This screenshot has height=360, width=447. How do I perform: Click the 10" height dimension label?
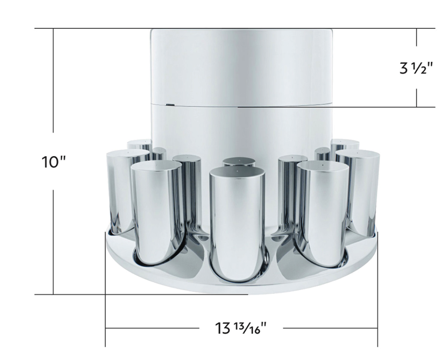[54, 161]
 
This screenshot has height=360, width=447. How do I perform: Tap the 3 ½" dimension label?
[416, 67]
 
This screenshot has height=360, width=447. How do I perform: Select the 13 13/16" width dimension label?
[241, 328]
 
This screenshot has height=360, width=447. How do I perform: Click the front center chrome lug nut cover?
[237, 225]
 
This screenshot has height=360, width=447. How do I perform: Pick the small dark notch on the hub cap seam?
[170, 104]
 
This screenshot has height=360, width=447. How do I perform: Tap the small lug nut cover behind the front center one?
[238, 162]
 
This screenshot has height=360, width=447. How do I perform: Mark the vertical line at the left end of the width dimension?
[105, 291]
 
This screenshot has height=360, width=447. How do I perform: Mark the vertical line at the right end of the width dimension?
[377, 291]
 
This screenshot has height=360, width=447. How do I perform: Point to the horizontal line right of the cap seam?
[333, 107]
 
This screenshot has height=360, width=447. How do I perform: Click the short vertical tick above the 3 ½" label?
[416, 37]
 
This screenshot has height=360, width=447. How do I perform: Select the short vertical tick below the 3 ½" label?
[416, 97]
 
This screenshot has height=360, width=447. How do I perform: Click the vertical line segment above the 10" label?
[53, 79]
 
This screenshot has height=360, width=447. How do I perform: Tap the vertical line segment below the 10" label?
[53, 241]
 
